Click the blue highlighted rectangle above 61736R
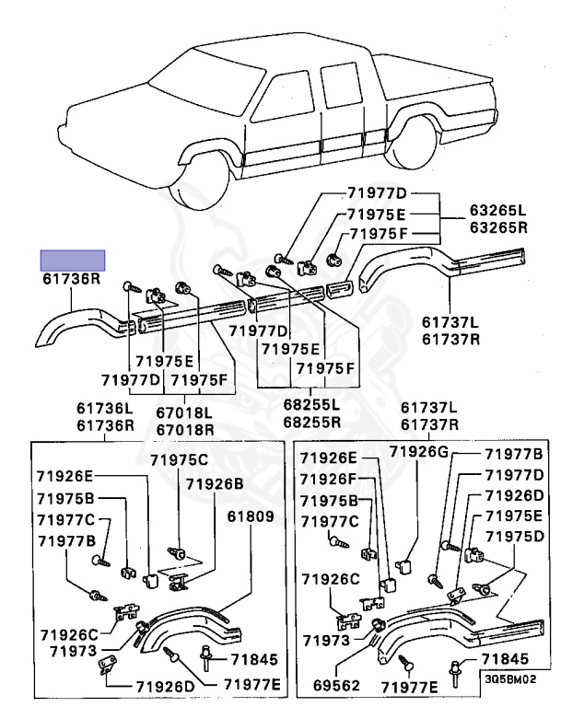coord(72,259)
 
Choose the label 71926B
coord(215,483)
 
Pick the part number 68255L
coord(310,404)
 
